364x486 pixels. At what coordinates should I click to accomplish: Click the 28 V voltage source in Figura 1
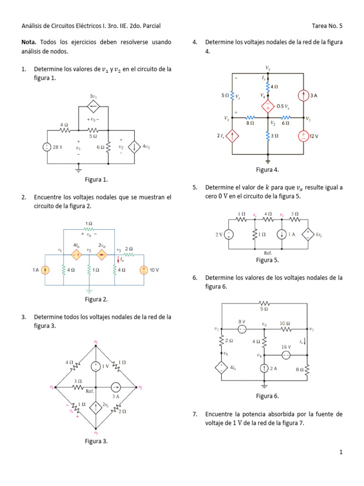click(46, 147)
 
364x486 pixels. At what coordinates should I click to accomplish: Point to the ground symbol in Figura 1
click(79, 167)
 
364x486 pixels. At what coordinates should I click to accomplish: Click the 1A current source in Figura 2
click(45, 270)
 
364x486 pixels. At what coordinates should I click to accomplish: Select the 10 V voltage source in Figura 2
click(143, 270)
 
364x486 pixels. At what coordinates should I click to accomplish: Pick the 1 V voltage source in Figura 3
click(96, 366)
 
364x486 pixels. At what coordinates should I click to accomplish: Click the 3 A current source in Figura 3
click(115, 387)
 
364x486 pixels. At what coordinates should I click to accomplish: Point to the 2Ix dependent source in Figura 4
click(232, 136)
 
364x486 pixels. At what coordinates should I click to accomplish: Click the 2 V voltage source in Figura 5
click(228, 234)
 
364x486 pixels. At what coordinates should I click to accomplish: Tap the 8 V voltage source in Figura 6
click(242, 329)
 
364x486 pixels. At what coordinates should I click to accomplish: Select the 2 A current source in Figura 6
click(264, 368)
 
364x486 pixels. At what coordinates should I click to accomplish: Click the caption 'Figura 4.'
click(268, 169)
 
